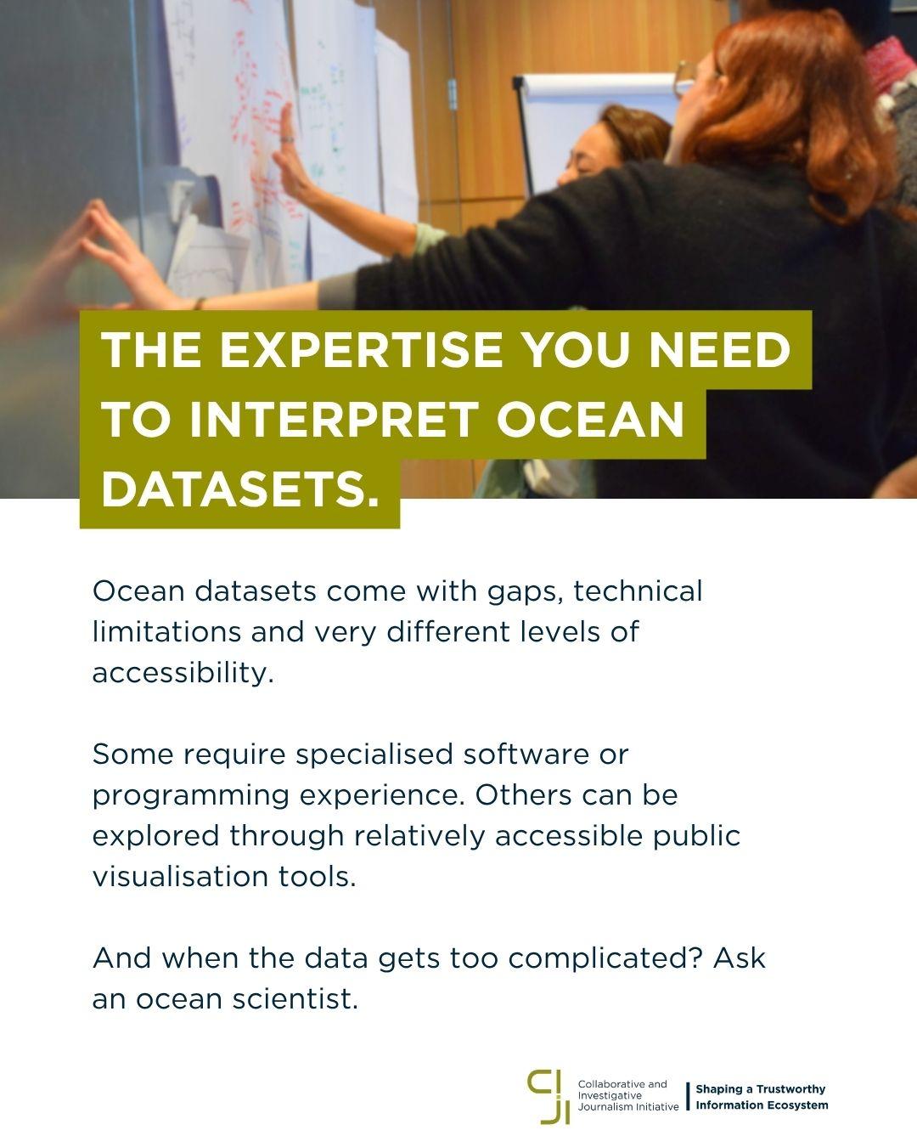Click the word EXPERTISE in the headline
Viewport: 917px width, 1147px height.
360,350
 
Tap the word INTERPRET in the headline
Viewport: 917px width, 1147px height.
334,420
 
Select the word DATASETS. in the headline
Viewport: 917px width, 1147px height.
239,489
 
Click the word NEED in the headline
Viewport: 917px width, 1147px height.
719,350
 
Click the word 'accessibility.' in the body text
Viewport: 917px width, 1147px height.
183,672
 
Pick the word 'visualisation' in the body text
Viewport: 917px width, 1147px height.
180,877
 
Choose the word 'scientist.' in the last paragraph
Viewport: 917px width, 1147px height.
295,999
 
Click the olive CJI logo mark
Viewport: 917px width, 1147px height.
549,1098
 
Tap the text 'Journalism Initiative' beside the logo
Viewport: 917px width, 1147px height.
628,1106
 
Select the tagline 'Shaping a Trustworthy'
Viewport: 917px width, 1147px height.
761,1089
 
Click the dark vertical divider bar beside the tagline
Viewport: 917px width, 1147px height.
688,1096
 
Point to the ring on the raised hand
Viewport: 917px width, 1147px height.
287,139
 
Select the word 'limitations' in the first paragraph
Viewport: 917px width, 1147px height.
166,632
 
